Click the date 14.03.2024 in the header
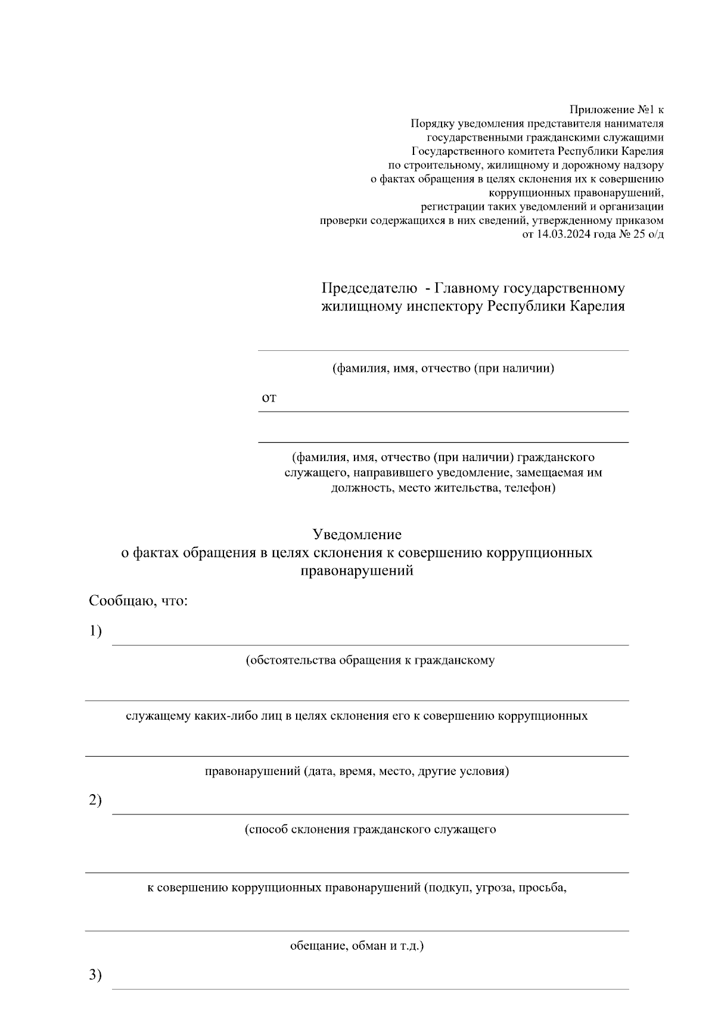[563, 234]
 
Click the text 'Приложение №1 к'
[616, 110]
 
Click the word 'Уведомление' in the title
[357, 534]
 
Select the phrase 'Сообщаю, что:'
[138, 601]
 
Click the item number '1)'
[95, 632]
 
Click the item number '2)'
[95, 801]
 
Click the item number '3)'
[95, 976]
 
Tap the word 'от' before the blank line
[269, 398]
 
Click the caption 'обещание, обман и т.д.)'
[356, 946]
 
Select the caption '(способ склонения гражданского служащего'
[370, 830]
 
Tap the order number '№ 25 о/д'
[641, 234]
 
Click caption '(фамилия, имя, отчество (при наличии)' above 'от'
[443, 368]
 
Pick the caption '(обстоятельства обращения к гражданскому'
[370, 661]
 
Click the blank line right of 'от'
[453, 405]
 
